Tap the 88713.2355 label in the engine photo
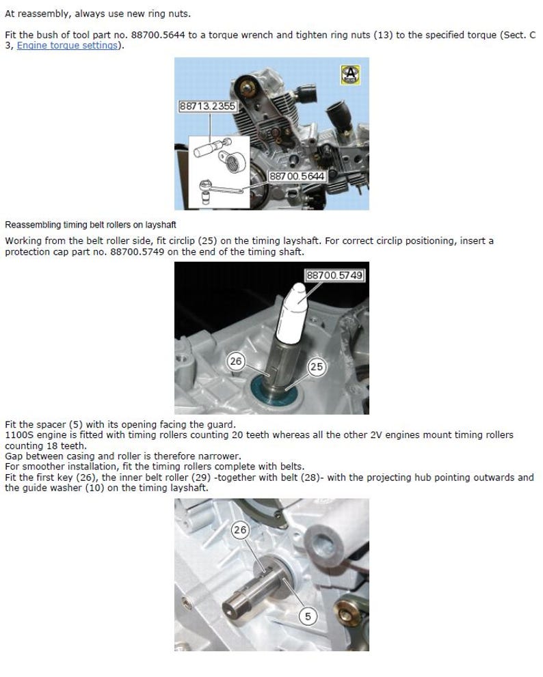point(207,106)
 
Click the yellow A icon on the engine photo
point(350,74)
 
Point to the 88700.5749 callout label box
point(334,275)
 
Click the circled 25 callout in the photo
point(316,367)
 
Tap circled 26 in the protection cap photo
point(236,361)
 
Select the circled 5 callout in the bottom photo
point(308,616)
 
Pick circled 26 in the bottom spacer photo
point(240,529)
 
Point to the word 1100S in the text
point(18,435)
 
